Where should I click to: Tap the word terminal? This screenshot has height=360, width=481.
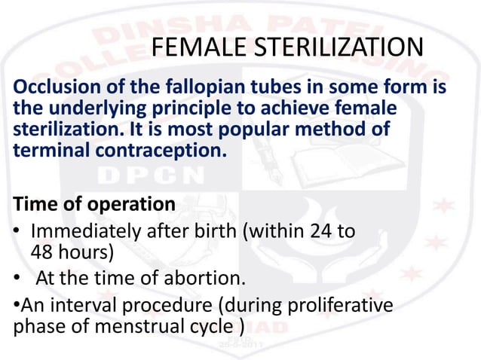[47, 149]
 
